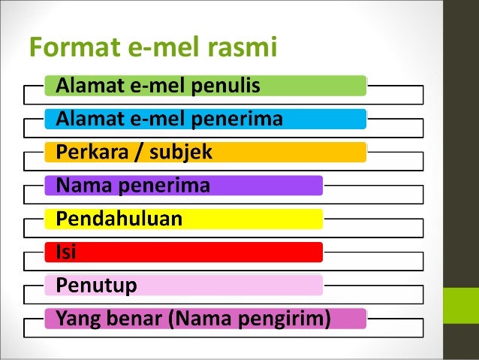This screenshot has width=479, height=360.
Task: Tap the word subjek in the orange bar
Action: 185,153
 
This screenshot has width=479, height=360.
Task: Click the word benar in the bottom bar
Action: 134,319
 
